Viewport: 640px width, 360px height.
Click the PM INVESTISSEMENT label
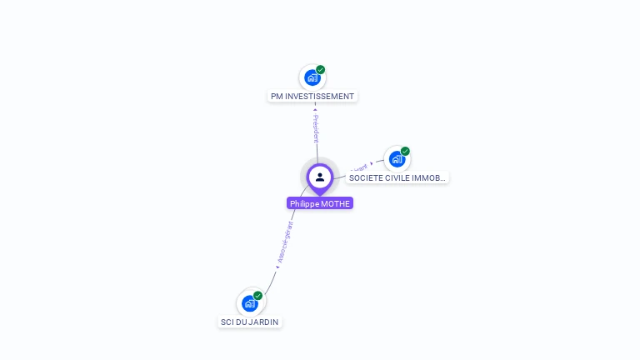click(x=312, y=96)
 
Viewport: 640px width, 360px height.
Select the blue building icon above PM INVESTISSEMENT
click(x=312, y=78)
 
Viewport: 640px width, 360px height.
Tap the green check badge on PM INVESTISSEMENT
click(x=321, y=70)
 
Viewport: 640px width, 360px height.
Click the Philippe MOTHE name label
click(x=320, y=203)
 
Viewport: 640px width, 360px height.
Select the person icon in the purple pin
click(x=320, y=177)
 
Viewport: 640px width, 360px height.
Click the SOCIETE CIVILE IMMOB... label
click(x=397, y=177)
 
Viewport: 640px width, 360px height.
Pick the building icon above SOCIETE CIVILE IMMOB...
click(x=397, y=159)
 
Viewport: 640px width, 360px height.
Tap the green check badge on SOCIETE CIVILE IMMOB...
click(x=406, y=152)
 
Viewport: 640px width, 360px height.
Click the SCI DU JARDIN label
click(x=250, y=322)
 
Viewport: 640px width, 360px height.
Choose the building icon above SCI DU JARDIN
click(x=249, y=304)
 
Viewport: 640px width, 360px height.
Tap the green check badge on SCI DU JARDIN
click(x=258, y=296)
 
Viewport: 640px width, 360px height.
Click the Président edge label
click(x=316, y=128)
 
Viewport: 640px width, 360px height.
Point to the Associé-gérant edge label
click(x=284, y=242)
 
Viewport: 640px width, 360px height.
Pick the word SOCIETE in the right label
click(x=365, y=177)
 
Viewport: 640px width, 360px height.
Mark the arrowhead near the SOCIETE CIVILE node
click(x=372, y=163)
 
